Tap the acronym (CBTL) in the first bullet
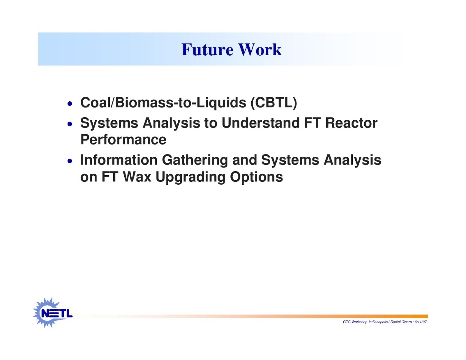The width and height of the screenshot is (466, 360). pyautogui.click(x=274, y=103)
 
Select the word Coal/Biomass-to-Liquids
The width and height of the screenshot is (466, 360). pyautogui.click(x=163, y=103)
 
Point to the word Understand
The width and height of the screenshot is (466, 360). pyautogui.click(x=260, y=123)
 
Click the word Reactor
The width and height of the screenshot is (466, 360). pyautogui.click(x=351, y=123)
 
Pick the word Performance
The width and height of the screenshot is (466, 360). pyautogui.click(x=123, y=140)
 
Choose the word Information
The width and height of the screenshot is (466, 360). pyautogui.click(x=119, y=160)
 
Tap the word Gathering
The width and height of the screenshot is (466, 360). pyautogui.click(x=195, y=160)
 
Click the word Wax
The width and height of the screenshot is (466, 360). pyautogui.click(x=137, y=177)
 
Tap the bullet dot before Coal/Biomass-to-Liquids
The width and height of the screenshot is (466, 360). pyautogui.click(x=70, y=104)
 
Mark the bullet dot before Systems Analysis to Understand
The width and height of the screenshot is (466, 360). pyautogui.click(x=70, y=124)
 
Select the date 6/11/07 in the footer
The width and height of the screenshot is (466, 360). pyautogui.click(x=421, y=322)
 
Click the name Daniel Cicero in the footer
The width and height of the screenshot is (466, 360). pyautogui.click(x=401, y=322)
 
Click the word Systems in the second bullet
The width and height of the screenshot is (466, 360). pyautogui.click(x=109, y=123)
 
